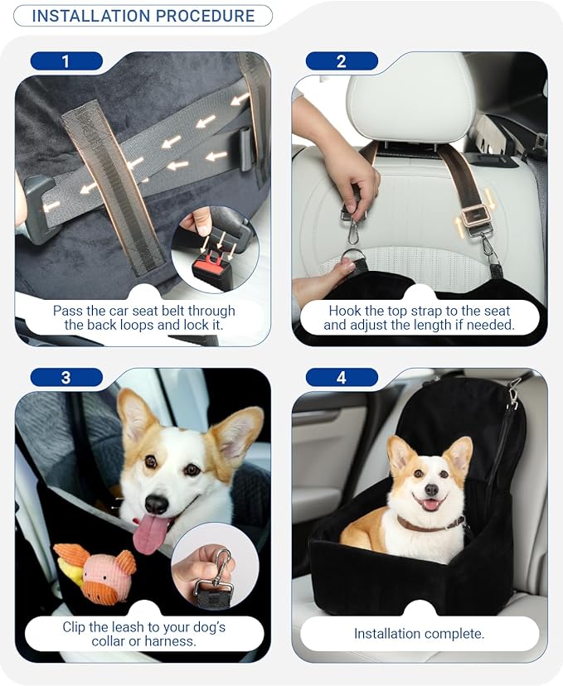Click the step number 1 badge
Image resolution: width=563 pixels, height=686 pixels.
coord(66,60)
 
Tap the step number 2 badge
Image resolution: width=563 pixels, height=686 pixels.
coord(342,60)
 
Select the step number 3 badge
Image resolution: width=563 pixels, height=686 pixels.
coord(66,377)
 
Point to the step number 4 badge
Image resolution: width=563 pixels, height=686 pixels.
coord(342,377)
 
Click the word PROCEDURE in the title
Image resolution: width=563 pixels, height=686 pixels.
coord(205,16)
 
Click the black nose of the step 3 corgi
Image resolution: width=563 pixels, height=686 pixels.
coord(156,504)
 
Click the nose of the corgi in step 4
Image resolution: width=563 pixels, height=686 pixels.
coord(431,490)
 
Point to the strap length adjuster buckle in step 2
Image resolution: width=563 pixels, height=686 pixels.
coord(474,216)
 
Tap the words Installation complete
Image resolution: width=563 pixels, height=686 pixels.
coord(419,634)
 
